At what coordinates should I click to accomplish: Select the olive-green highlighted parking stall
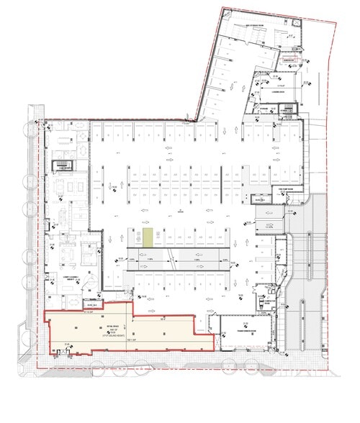[x=147, y=237]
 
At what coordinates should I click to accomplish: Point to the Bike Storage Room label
[x=256, y=24]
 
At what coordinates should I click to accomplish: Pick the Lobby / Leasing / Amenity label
[x=59, y=276]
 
